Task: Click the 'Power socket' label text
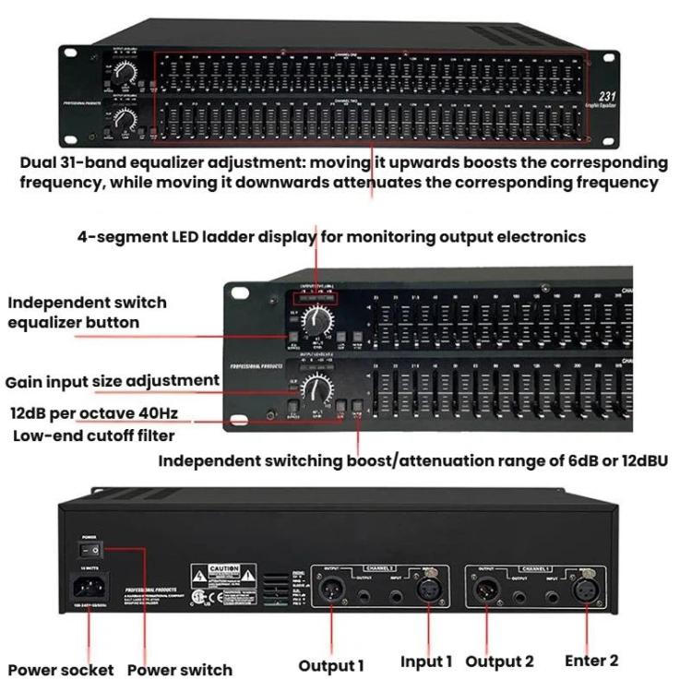coord(61,669)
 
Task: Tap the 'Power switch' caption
coord(179,669)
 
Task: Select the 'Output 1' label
coord(331,664)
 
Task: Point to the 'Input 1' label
coord(426,662)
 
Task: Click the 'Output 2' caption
coord(499,662)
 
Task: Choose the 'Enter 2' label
coord(591,661)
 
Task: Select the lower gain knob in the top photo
coord(125,119)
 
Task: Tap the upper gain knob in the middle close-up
coord(318,320)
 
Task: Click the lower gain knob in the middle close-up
coord(317,387)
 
